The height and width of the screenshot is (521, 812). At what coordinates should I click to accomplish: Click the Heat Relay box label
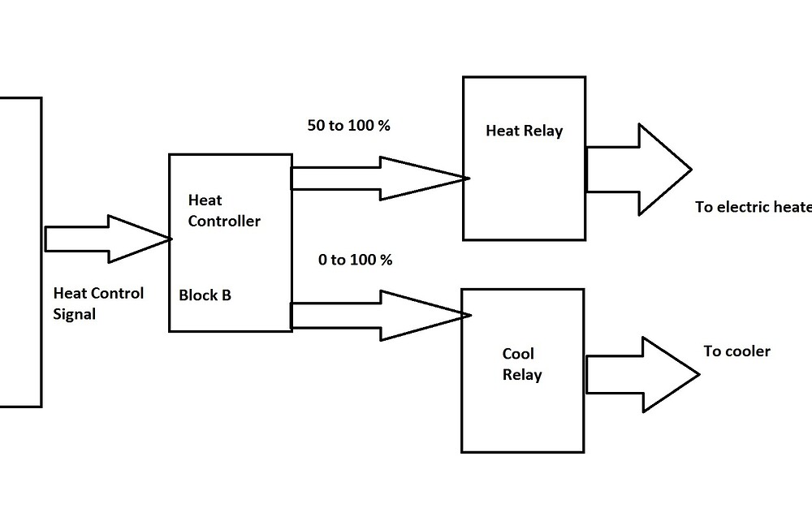click(524, 131)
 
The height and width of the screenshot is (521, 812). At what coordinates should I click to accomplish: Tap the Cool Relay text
click(521, 365)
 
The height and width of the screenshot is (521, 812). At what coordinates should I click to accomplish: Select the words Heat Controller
click(223, 210)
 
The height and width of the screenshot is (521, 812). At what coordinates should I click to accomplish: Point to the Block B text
click(205, 295)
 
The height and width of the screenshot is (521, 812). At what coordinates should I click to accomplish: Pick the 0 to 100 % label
click(355, 260)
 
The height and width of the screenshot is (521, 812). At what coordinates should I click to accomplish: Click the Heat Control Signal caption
click(97, 303)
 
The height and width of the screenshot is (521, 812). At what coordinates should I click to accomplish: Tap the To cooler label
click(736, 351)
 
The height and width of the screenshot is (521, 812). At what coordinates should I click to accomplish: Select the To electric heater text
click(753, 207)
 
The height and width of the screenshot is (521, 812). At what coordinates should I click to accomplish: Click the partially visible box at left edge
click(19, 252)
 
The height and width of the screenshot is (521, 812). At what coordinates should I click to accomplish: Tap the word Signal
click(74, 313)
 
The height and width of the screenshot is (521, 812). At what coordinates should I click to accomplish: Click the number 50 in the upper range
click(315, 127)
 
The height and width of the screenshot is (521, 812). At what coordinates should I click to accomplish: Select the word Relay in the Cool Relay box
click(521, 375)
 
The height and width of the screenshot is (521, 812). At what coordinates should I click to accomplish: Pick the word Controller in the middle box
click(224, 221)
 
